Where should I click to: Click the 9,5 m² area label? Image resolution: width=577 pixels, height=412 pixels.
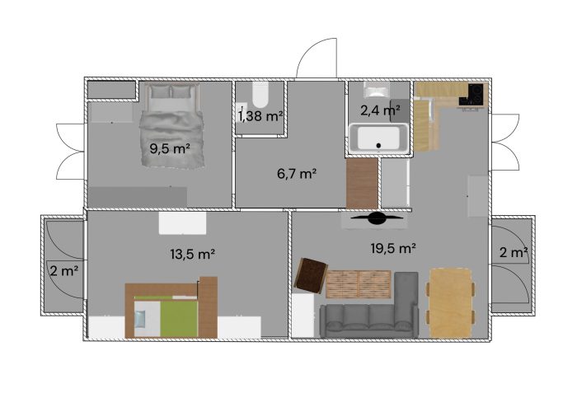[x=170, y=149]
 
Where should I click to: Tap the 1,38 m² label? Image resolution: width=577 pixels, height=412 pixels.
[x=260, y=116]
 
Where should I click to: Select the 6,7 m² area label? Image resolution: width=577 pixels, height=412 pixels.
[x=297, y=173]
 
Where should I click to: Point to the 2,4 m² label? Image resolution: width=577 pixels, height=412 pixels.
[x=380, y=110]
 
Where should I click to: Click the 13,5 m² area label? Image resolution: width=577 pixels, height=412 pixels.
[x=193, y=254]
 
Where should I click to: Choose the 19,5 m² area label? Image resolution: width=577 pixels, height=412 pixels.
[x=393, y=248]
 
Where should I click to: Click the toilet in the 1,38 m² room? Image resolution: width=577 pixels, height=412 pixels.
[x=260, y=95]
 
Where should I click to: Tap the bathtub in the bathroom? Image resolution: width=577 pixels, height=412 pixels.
[x=378, y=138]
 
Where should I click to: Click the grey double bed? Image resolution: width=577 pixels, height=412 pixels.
[x=171, y=126]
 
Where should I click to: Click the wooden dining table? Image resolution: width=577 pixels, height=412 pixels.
[x=450, y=303]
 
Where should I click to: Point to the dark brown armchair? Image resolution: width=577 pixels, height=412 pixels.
[x=311, y=276]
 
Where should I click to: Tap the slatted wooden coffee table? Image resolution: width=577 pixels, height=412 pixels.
[x=359, y=284]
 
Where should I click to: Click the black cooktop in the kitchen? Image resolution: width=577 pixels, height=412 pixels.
[x=475, y=94]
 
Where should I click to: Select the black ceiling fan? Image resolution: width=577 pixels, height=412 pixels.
[x=376, y=218]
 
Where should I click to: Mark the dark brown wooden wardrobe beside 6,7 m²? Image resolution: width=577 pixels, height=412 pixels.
[x=362, y=183]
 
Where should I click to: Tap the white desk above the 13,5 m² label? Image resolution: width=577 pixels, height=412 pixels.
[x=182, y=223]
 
